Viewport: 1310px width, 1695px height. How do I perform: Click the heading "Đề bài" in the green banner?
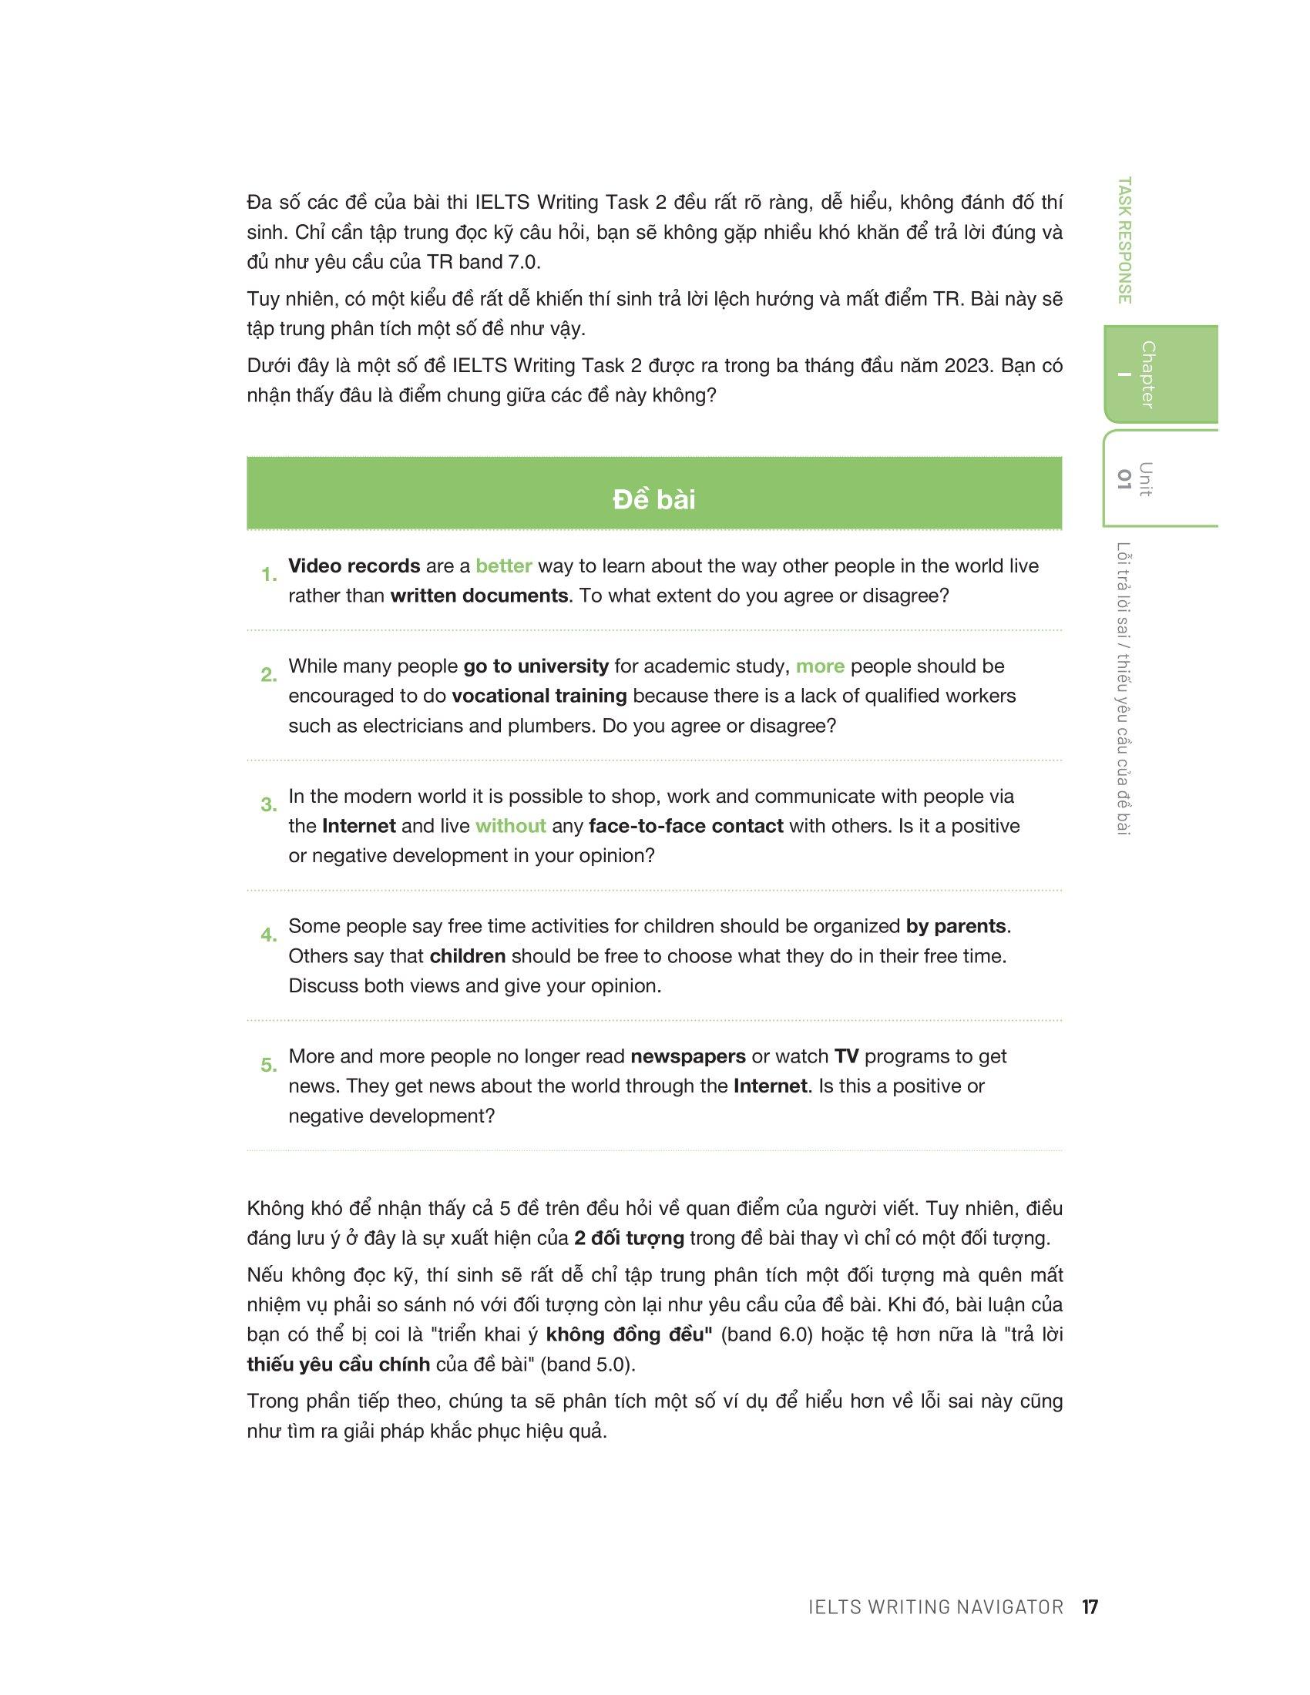click(653, 499)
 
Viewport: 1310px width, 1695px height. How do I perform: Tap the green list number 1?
click(268, 575)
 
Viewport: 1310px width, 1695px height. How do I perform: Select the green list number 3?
click(268, 805)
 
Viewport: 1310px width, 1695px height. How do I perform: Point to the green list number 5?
click(268, 1065)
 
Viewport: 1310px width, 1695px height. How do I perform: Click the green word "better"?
click(504, 566)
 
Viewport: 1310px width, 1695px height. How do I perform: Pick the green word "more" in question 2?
click(820, 666)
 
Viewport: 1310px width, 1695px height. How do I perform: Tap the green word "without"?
click(511, 826)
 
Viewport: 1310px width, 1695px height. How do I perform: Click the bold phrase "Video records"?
click(354, 566)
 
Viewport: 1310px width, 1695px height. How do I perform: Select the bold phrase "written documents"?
click(479, 596)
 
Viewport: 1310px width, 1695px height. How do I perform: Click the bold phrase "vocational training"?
click(539, 696)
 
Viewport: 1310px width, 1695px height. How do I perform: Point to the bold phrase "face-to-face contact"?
click(685, 826)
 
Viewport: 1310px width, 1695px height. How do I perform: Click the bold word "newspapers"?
click(687, 1056)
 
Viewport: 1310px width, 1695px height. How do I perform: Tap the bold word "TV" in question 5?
click(846, 1056)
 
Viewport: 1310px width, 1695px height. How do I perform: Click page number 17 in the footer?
click(1090, 1606)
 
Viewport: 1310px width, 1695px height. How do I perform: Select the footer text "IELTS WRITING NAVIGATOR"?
click(935, 1606)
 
